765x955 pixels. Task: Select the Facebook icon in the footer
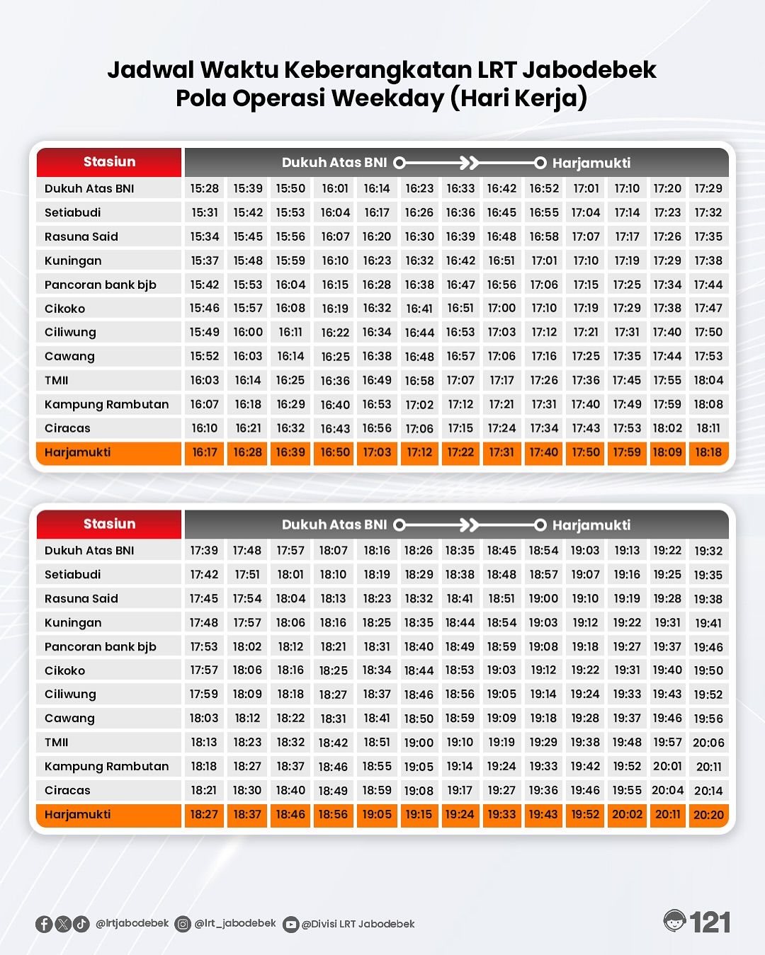point(44,924)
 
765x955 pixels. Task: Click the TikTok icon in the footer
point(81,924)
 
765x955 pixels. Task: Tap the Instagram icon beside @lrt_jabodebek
point(183,924)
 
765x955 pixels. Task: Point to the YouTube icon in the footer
point(290,925)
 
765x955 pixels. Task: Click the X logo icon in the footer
point(63,924)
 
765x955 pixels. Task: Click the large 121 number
point(710,922)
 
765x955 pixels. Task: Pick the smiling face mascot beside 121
point(675,921)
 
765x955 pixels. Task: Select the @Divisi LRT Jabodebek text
point(358,924)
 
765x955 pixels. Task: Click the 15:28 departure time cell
point(205,188)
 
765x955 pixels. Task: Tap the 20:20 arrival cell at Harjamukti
point(708,815)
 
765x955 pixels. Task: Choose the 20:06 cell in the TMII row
point(708,743)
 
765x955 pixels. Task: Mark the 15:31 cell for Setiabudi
point(205,212)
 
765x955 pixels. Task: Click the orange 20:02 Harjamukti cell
point(627,815)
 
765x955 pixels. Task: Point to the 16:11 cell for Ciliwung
point(290,332)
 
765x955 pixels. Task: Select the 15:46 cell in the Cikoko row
point(205,308)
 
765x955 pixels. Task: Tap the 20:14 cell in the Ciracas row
point(708,791)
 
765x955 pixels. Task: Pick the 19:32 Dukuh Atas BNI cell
point(708,551)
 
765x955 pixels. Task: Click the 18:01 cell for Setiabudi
point(290,574)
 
